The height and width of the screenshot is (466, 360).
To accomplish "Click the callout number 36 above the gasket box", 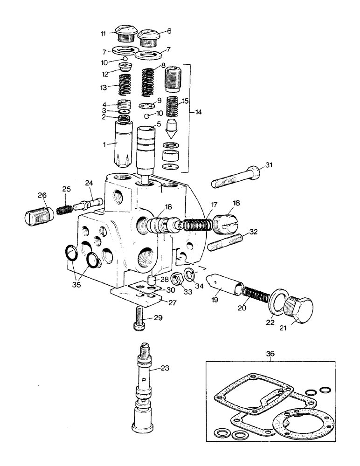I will pos(270,354).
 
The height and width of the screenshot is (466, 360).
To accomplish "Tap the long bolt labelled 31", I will pos(235,178).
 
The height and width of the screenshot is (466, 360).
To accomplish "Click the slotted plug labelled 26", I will pos(36,216).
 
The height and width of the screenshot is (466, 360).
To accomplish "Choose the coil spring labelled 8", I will pos(148,81).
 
